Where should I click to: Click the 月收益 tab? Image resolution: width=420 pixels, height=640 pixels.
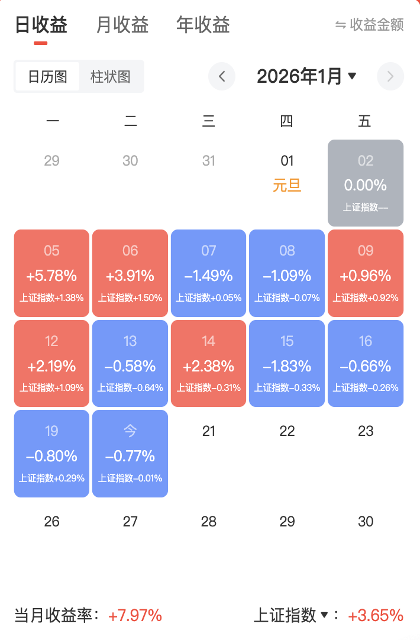click(x=122, y=25)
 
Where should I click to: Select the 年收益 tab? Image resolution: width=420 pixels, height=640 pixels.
click(x=203, y=25)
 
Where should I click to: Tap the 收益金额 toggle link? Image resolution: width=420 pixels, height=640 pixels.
click(x=370, y=25)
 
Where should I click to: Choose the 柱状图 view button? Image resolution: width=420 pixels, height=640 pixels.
click(x=111, y=77)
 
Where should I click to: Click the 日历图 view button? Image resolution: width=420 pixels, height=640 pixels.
click(x=47, y=77)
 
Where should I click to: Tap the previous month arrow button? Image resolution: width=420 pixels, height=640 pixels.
click(x=222, y=76)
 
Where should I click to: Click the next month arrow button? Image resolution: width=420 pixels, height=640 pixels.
click(x=390, y=76)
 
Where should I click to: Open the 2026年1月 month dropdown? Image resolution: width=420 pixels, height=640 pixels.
click(x=306, y=76)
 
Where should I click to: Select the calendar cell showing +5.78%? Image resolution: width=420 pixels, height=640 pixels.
click(x=51, y=273)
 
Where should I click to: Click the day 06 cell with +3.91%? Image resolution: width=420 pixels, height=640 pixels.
click(x=130, y=273)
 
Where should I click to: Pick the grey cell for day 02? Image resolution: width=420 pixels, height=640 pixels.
click(x=366, y=183)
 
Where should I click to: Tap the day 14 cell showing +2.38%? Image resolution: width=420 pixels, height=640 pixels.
click(x=208, y=364)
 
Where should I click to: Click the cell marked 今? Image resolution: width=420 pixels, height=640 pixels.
click(x=130, y=454)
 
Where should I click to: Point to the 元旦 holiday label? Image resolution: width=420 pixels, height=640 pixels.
click(x=287, y=186)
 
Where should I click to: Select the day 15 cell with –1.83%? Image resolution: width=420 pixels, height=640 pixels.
click(x=287, y=364)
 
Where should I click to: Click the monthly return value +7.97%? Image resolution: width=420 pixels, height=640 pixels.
click(x=135, y=616)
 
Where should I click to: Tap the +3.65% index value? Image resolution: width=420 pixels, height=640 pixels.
click(x=376, y=616)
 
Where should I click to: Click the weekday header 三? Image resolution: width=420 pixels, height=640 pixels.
click(x=208, y=122)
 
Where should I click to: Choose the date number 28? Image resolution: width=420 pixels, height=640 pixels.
click(x=208, y=522)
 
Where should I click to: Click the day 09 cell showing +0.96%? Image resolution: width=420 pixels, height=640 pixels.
click(x=366, y=273)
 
